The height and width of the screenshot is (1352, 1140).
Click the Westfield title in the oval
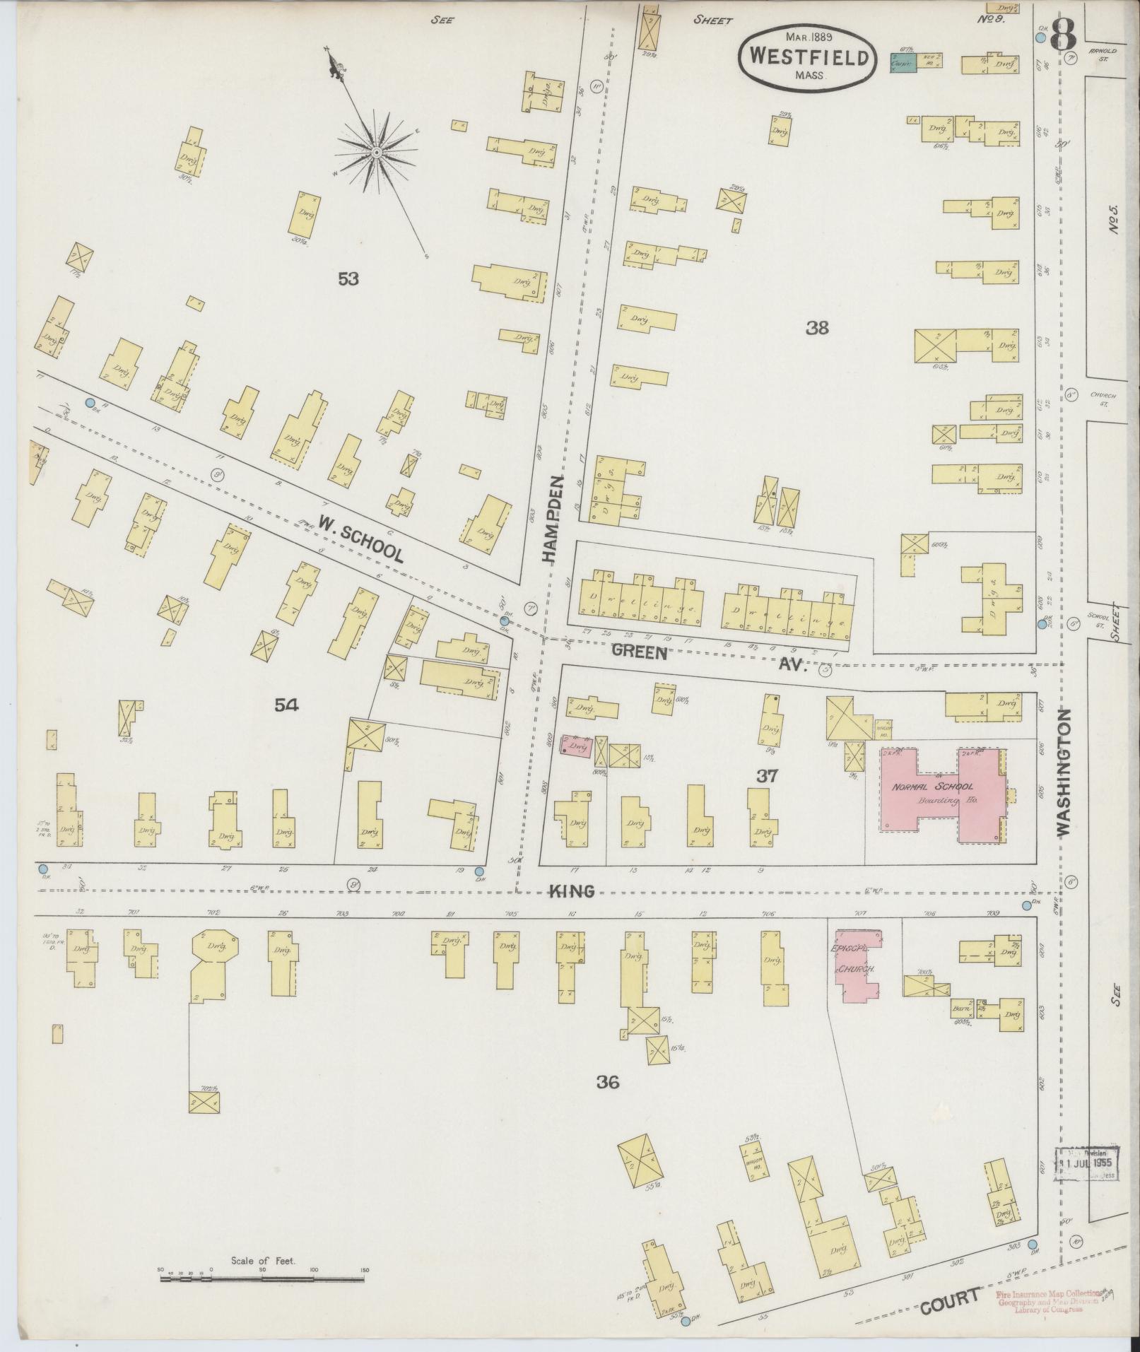tap(809, 57)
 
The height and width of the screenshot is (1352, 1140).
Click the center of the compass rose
tap(377, 152)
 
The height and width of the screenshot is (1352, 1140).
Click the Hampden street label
tap(554, 519)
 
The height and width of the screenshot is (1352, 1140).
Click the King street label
tap(572, 892)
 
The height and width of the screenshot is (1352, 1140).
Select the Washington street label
tap(1065, 773)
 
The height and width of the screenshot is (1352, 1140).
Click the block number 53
tap(348, 279)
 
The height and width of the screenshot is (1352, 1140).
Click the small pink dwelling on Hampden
tap(576, 746)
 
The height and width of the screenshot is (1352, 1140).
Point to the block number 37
tap(767, 775)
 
